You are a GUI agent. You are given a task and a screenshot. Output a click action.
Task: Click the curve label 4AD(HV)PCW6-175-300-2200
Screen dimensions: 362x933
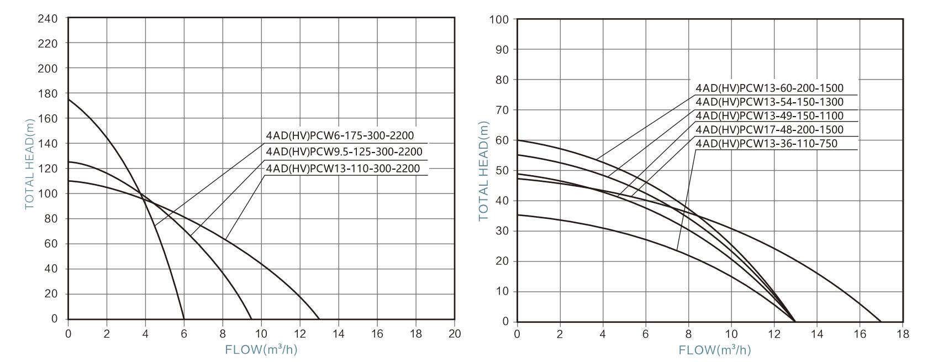339,136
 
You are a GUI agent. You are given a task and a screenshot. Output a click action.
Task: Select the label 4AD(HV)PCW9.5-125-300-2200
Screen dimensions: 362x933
344,152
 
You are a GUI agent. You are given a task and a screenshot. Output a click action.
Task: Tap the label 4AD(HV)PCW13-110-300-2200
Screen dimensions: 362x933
342,169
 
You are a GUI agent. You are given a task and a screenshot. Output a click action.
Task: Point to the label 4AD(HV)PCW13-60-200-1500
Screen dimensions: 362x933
769,88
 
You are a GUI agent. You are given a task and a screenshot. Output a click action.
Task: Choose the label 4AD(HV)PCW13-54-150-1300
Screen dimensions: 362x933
769,102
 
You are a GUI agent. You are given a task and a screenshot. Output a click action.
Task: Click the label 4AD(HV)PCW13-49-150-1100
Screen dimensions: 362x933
769,116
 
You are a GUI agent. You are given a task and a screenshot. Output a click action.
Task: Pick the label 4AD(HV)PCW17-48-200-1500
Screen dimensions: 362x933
769,130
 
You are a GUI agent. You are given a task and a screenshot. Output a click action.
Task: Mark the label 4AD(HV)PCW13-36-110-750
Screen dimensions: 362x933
766,144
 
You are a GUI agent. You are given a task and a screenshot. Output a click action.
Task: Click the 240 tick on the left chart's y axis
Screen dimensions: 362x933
48,18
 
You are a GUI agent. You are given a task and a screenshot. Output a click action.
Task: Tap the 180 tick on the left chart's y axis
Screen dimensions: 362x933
48,93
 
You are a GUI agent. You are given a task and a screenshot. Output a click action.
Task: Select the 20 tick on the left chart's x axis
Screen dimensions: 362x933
455,334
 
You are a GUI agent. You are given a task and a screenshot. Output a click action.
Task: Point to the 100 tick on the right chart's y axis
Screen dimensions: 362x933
499,20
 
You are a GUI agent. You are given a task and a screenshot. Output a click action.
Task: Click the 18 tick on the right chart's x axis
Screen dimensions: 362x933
903,334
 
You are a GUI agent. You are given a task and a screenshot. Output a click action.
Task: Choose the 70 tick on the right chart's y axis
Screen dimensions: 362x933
502,111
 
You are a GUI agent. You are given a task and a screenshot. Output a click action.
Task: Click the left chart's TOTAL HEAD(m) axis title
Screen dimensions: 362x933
29,164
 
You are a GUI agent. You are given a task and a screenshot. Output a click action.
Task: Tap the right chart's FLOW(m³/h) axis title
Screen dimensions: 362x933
714,350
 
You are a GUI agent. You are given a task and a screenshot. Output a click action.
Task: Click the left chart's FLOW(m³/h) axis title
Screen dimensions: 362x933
261,350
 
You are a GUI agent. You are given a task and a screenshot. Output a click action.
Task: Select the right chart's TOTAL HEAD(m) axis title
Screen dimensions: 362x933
484,171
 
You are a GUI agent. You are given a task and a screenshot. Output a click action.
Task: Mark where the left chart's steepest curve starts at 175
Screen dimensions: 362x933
68,99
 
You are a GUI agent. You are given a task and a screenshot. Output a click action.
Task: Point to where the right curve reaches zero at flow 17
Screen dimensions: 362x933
882,322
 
